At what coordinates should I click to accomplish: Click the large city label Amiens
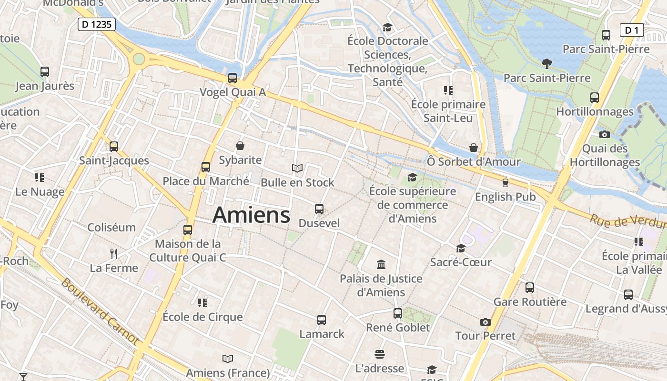click(x=251, y=215)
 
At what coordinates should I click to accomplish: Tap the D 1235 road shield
click(x=97, y=24)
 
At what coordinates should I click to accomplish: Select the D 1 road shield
click(x=632, y=30)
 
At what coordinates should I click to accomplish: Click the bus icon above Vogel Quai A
click(x=232, y=78)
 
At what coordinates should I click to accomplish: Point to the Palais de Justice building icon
click(x=381, y=264)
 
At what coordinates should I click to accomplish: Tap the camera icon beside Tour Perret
click(x=485, y=322)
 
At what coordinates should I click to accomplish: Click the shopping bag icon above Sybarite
click(x=240, y=146)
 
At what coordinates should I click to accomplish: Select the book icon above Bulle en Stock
click(x=297, y=168)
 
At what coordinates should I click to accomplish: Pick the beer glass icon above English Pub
click(x=505, y=182)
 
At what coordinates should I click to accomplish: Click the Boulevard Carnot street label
click(x=101, y=311)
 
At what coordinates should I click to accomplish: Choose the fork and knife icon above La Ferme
click(x=113, y=253)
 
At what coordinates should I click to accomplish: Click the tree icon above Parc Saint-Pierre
click(x=546, y=63)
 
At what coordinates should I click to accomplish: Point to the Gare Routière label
click(x=530, y=302)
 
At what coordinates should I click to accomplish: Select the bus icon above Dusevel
click(x=319, y=209)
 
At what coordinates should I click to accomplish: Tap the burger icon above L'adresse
click(x=380, y=354)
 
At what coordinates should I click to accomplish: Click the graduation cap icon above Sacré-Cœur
click(x=461, y=248)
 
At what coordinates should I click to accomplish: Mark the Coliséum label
click(x=111, y=227)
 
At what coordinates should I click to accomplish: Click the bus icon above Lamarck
click(x=322, y=320)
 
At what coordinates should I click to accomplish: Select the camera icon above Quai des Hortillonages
click(x=605, y=134)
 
